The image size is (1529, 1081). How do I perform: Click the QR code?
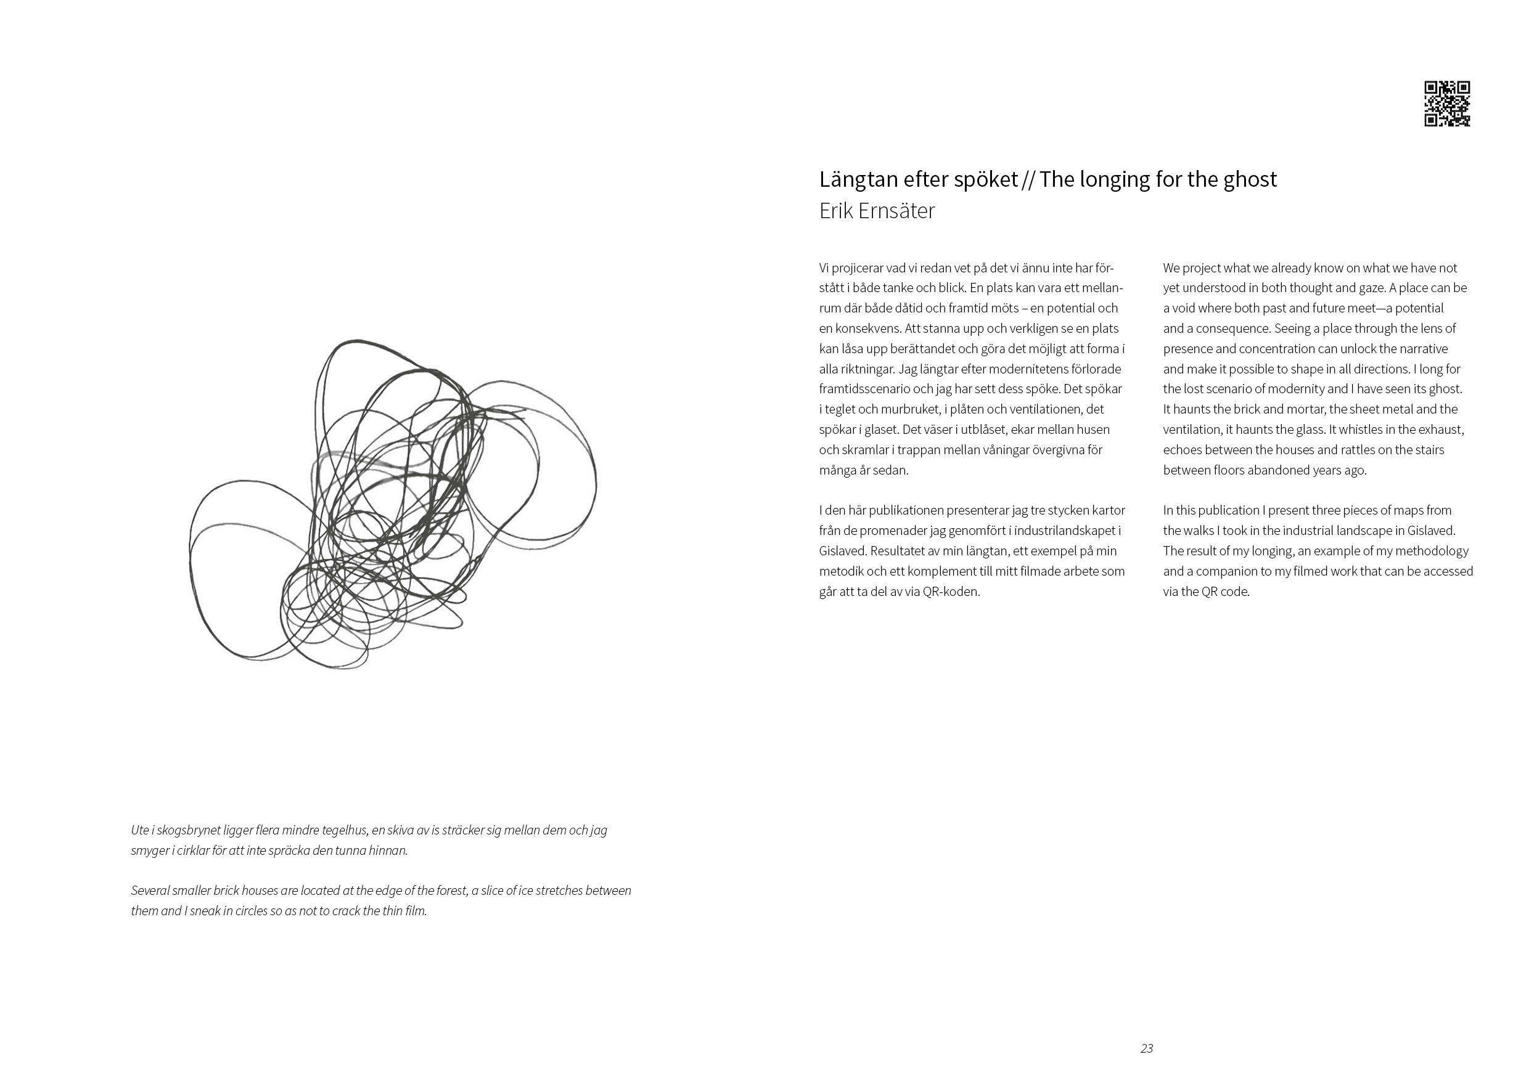(1447, 104)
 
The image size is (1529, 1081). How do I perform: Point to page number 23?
(1146, 1048)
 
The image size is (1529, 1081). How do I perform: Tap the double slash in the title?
(1028, 180)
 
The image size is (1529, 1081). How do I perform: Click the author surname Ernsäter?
(896, 211)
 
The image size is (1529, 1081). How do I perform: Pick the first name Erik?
(834, 211)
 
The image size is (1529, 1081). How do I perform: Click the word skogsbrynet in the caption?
(194, 831)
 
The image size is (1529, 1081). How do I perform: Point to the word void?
(1186, 308)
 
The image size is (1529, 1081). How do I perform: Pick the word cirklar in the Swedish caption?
(189, 851)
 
